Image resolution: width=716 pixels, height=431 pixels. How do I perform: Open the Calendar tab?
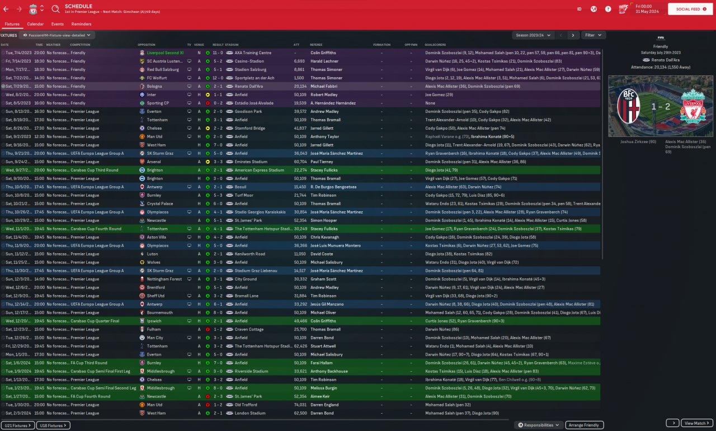(x=35, y=24)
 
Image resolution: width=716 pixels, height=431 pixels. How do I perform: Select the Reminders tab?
(x=82, y=24)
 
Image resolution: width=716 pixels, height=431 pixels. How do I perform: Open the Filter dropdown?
(x=593, y=35)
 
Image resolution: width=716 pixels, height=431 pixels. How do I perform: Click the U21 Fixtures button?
(x=18, y=425)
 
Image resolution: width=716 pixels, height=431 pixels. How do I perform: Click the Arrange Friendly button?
(x=585, y=425)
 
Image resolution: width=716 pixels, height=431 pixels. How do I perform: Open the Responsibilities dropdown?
(x=539, y=425)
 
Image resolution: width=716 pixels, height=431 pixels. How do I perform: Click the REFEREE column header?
(x=316, y=45)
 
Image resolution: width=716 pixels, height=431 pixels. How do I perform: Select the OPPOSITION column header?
(x=146, y=45)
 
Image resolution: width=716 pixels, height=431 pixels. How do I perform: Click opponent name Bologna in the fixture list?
(x=154, y=87)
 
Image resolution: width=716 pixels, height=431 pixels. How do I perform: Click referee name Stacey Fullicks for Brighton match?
(x=324, y=170)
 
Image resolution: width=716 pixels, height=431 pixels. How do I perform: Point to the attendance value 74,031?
(x=300, y=405)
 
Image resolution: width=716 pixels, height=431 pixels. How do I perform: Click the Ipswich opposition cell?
(x=154, y=321)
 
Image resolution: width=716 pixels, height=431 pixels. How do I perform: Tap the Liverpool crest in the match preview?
(x=693, y=106)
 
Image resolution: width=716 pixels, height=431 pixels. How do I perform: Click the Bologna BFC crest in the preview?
(x=628, y=106)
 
